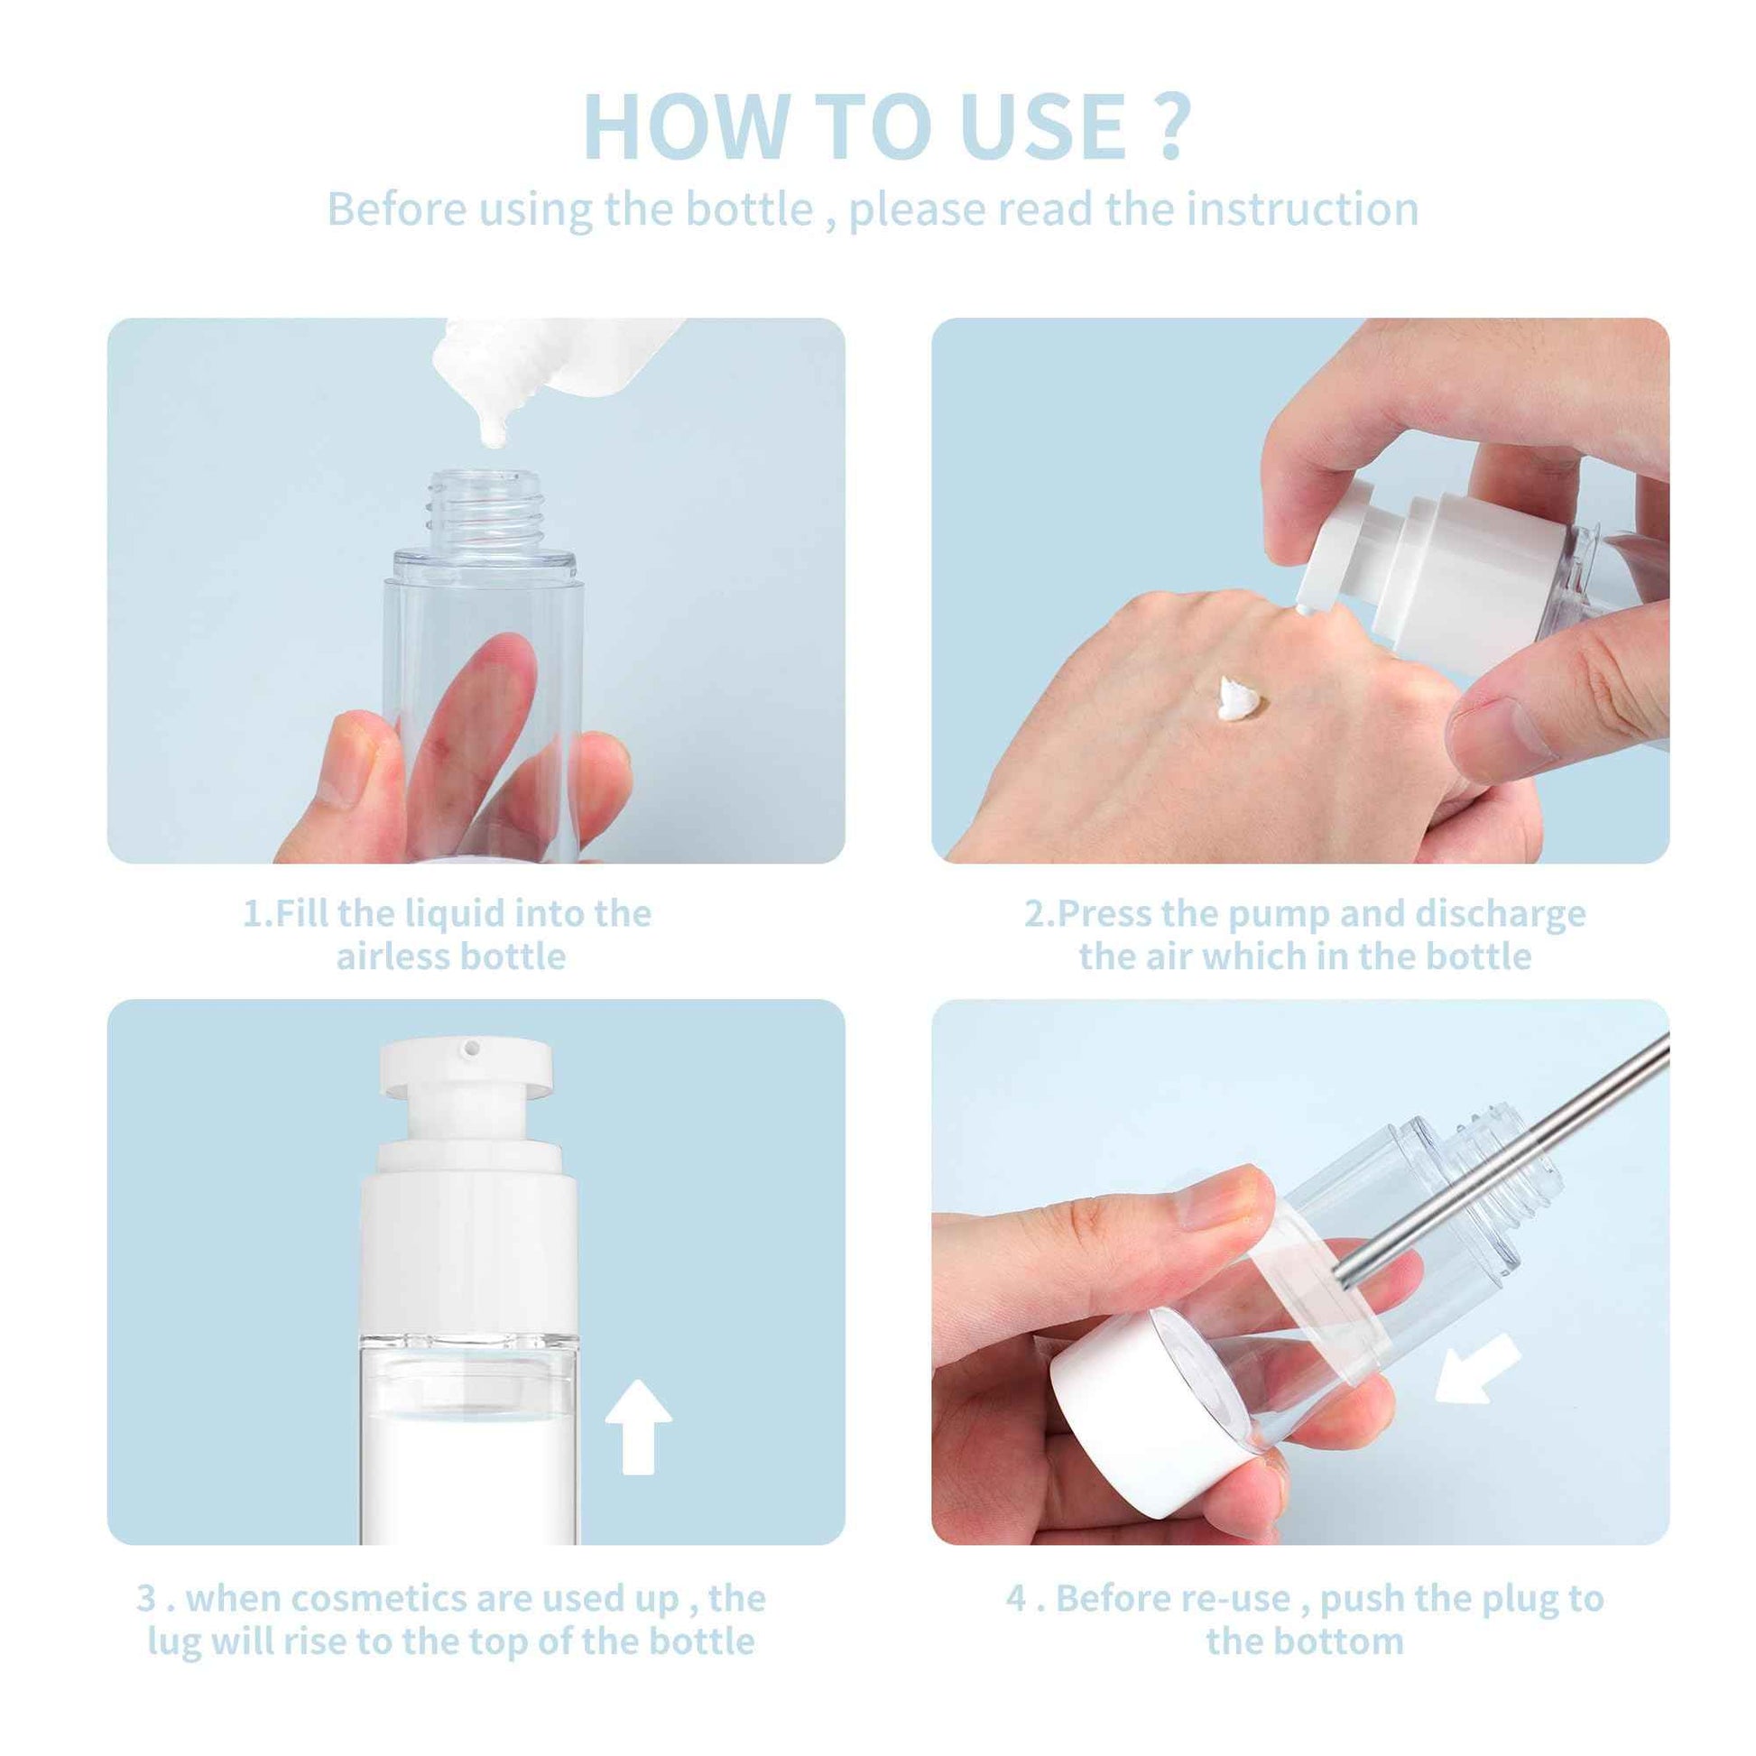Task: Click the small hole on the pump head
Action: [471, 1049]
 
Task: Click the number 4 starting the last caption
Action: [1015, 1597]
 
